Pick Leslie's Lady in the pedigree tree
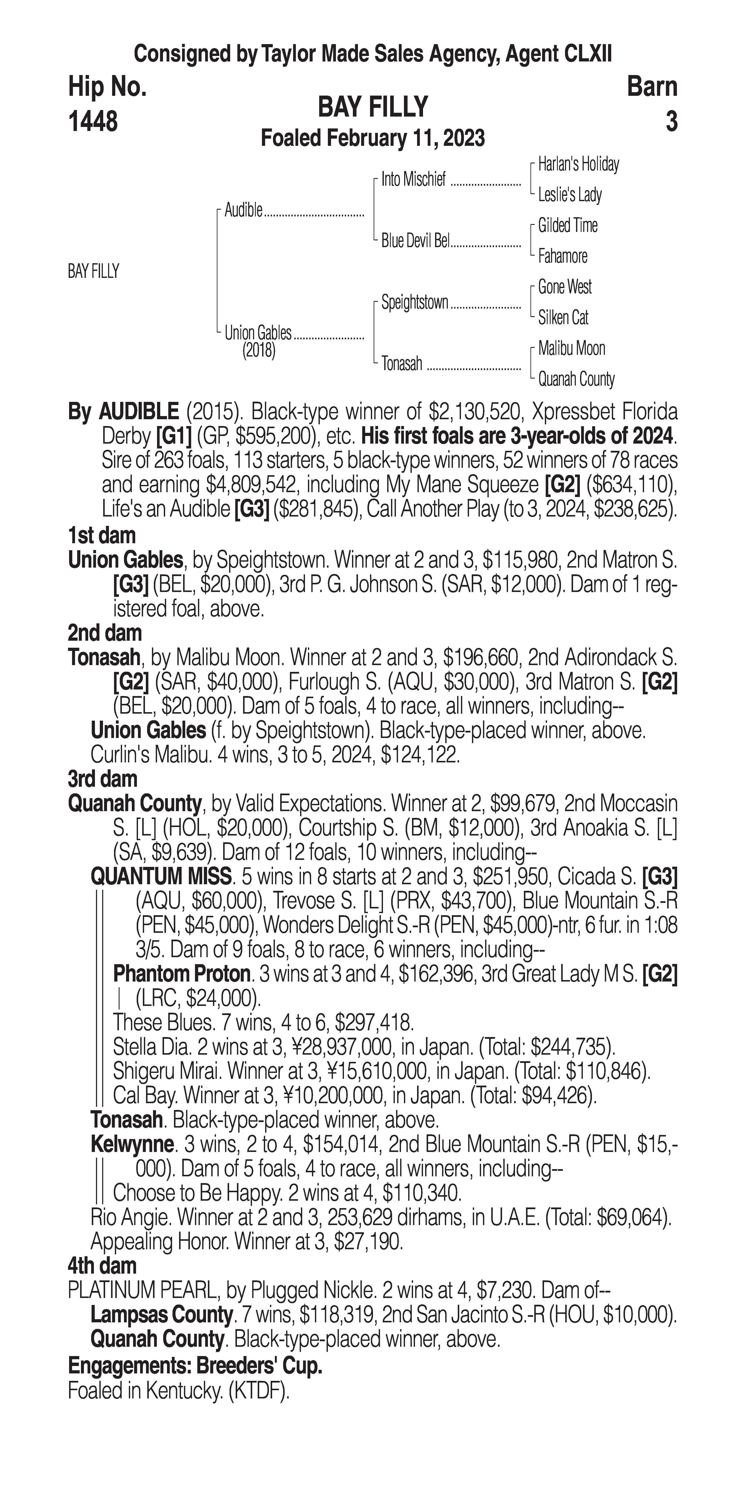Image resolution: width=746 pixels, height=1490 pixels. pos(570,195)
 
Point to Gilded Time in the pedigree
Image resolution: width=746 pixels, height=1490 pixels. pos(567,226)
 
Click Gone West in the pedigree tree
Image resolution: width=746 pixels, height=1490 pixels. pos(564,287)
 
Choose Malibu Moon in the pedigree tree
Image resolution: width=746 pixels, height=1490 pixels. pos(571,348)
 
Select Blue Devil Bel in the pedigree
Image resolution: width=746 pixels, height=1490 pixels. pos(415,241)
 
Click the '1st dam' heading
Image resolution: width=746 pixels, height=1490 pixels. pos(102,536)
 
